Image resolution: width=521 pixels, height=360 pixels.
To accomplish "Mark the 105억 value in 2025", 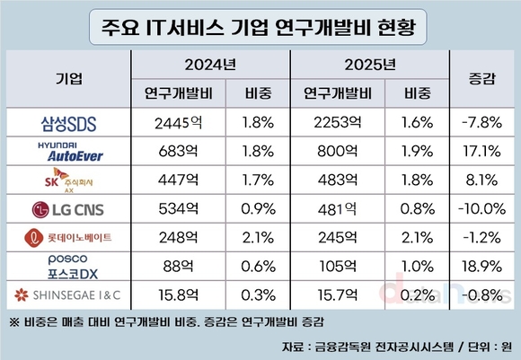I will coord(330,267).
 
